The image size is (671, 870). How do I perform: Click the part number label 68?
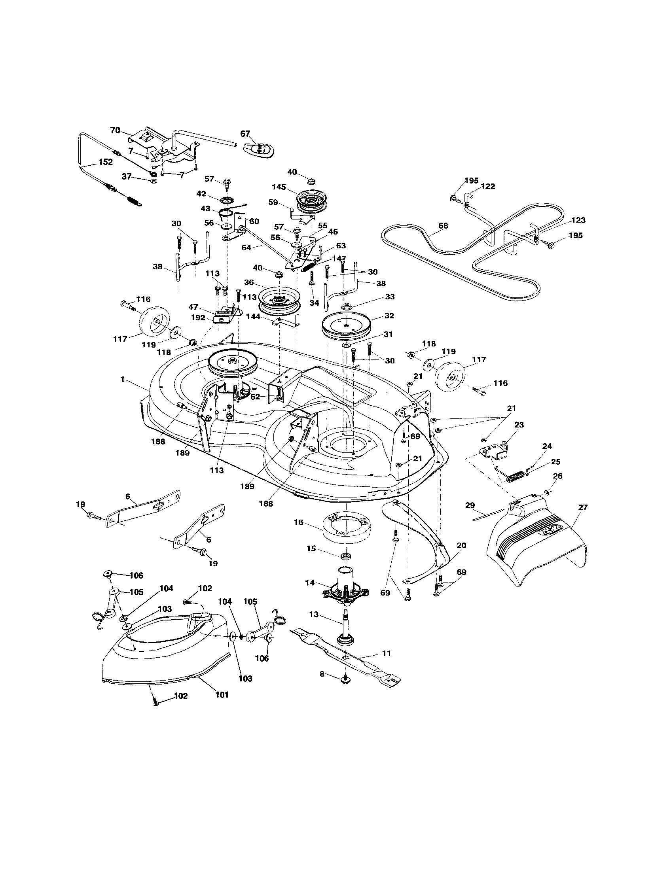tap(443, 226)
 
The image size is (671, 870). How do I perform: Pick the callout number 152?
tap(106, 162)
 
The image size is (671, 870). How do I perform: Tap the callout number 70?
tap(115, 130)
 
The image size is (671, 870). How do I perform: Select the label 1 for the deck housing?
tap(123, 380)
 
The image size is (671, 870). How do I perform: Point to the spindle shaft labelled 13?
tap(345, 626)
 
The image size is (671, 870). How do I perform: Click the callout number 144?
tap(253, 317)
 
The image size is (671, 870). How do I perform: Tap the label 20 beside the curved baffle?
tap(461, 545)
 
